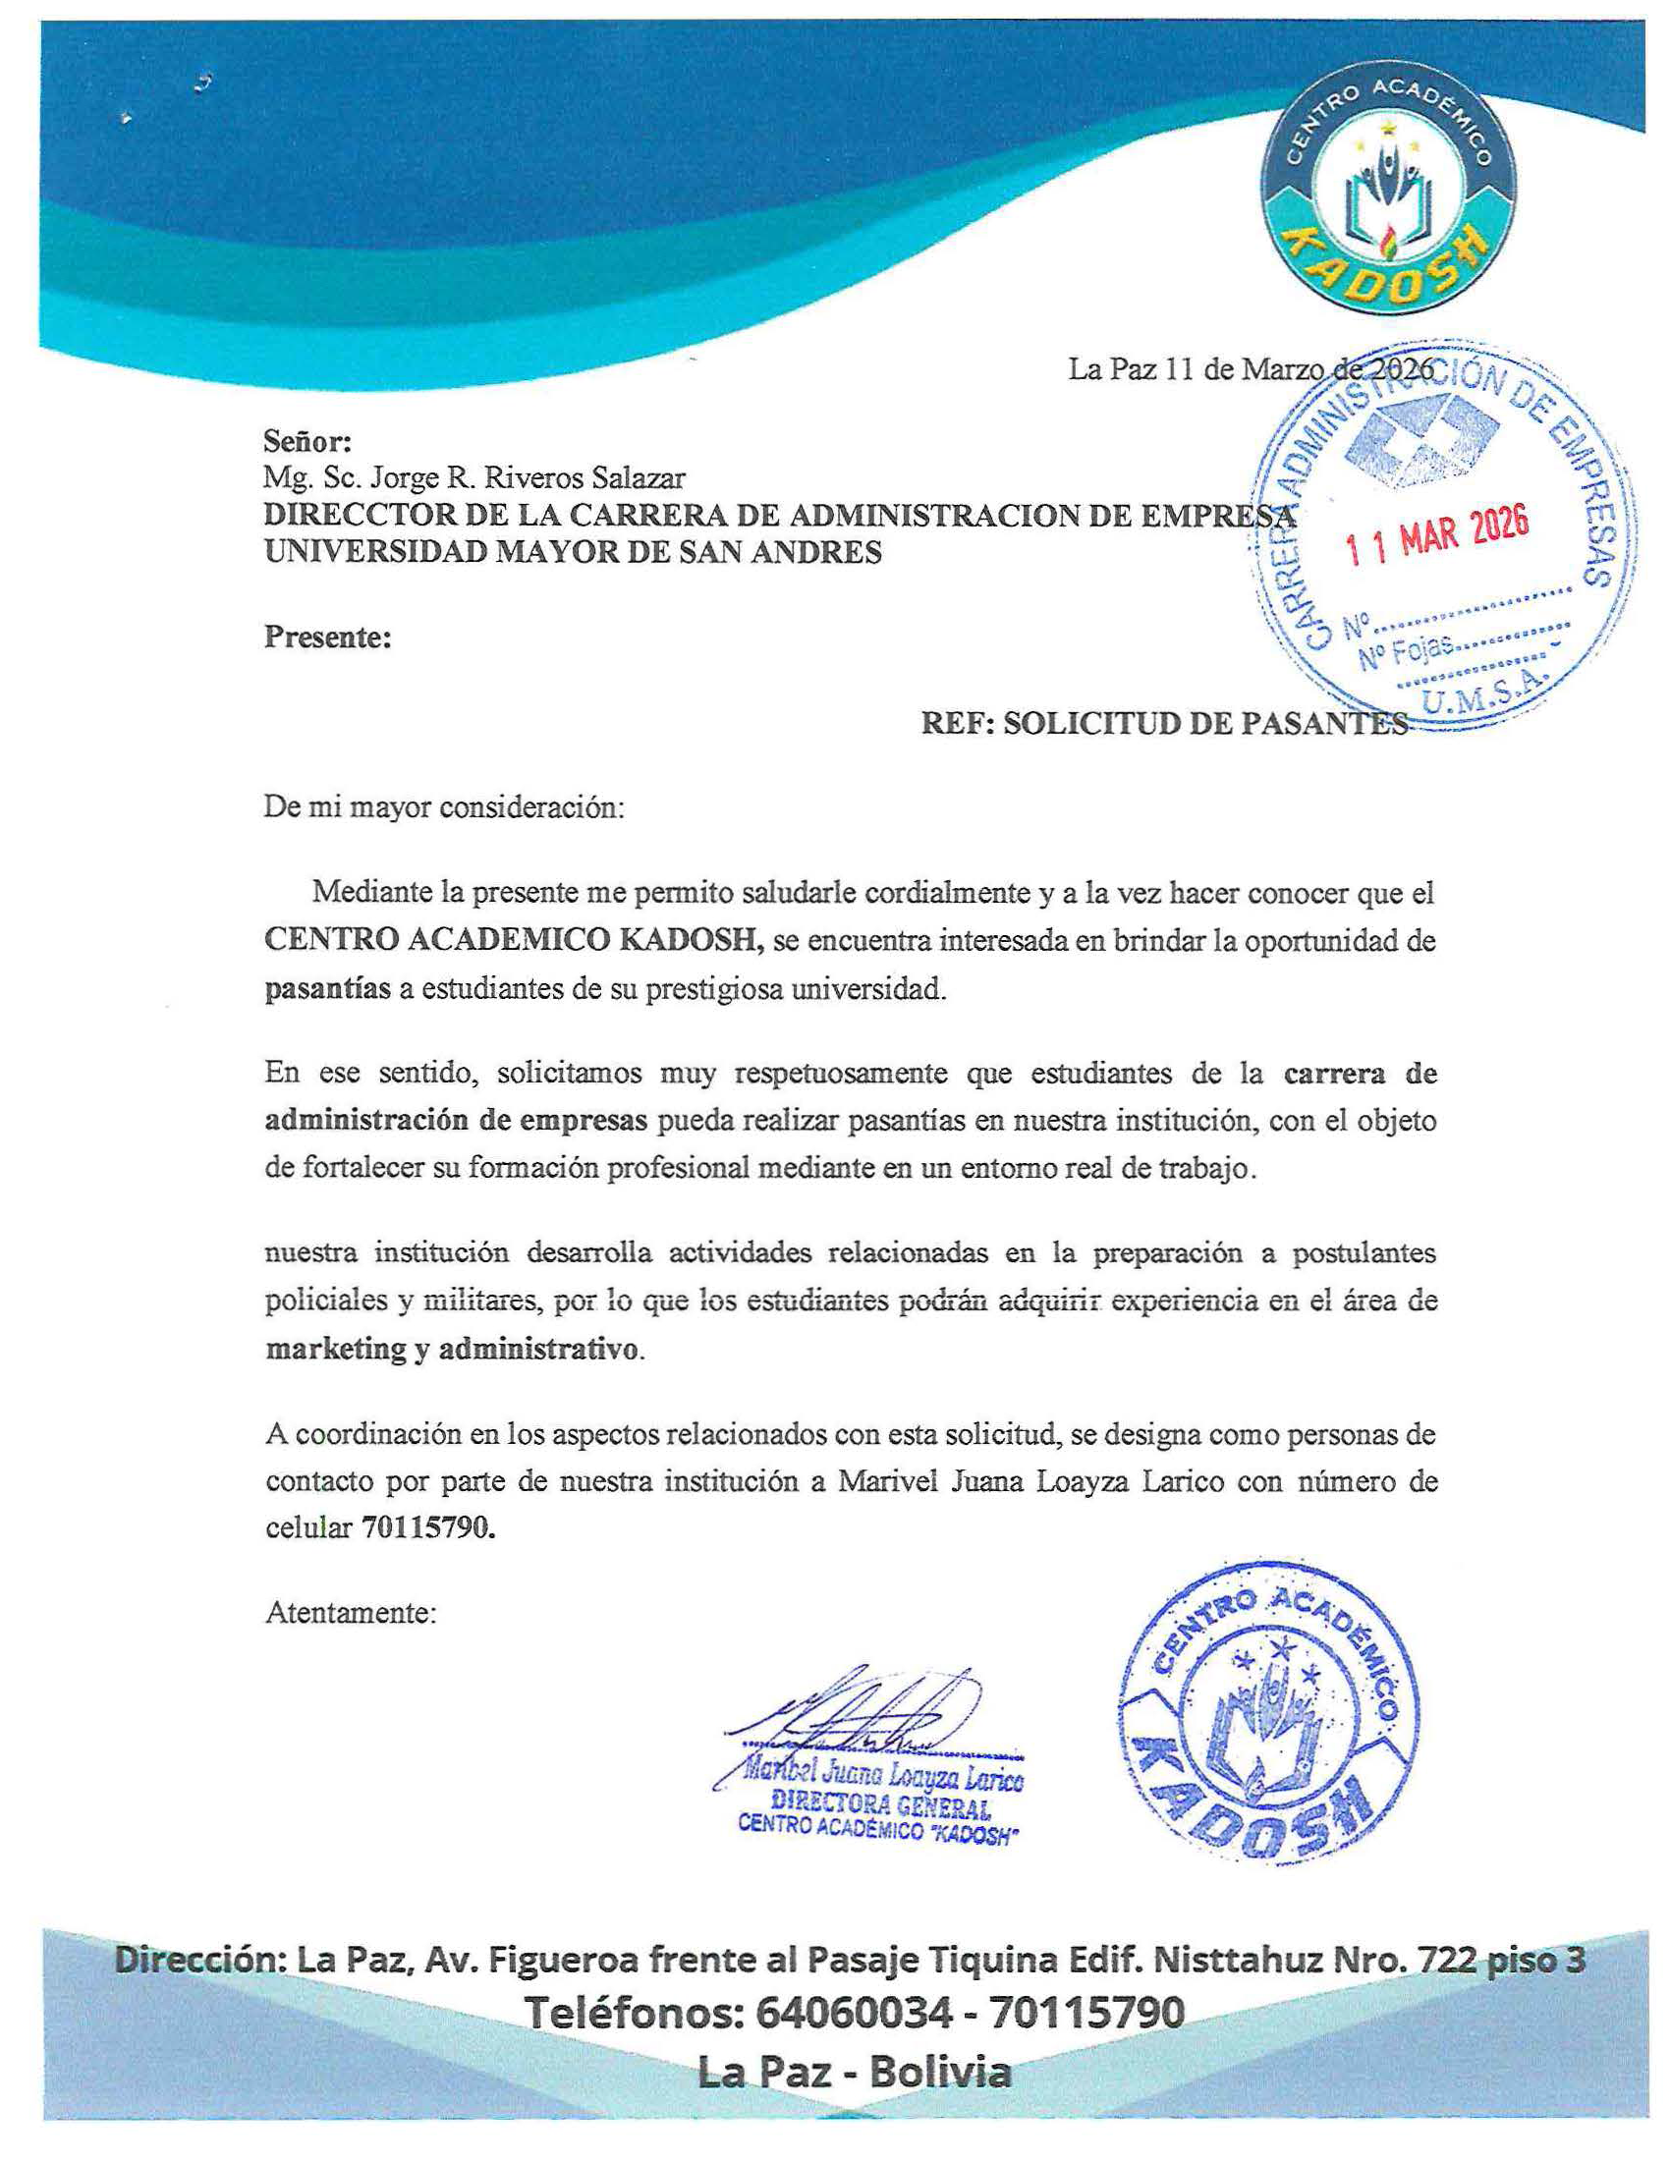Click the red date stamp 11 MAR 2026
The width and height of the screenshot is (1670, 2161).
click(x=1439, y=534)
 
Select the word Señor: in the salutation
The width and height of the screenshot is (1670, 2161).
click(x=306, y=440)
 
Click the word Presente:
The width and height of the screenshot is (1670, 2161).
click(x=327, y=637)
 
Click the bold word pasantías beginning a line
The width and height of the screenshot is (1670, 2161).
click(x=327, y=988)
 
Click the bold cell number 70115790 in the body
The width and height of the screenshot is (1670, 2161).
click(x=425, y=1527)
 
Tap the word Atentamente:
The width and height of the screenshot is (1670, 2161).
click(x=351, y=1613)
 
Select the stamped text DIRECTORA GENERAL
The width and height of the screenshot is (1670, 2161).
click(x=880, y=1806)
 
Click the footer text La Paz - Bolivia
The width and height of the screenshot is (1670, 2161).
click(x=855, y=2074)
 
